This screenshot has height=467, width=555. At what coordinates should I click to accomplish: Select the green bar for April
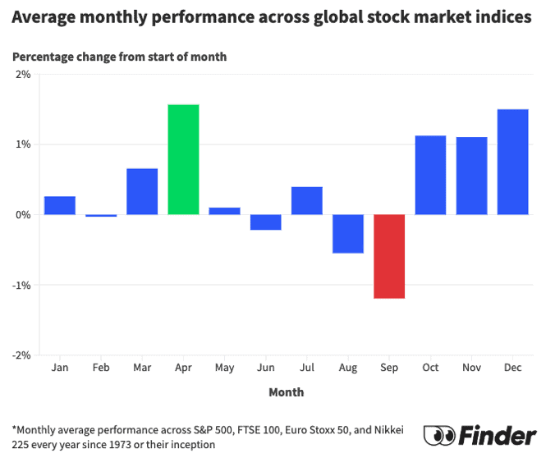coord(183,160)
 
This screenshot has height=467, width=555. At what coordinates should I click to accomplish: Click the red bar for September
coord(389,256)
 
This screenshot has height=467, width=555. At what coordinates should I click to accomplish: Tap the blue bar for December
coord(513,163)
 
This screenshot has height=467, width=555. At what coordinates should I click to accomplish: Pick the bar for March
coord(142,192)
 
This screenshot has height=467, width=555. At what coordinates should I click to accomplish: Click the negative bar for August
coord(348,234)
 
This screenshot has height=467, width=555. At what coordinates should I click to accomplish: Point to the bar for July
coord(307,201)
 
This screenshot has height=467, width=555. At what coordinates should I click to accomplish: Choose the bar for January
coord(60,206)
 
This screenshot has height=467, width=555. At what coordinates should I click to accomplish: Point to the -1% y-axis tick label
coord(21,286)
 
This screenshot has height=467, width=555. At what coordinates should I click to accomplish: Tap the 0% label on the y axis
coord(23,215)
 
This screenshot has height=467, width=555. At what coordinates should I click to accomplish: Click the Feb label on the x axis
coord(101,368)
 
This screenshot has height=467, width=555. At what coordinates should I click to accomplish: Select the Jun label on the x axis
coord(266,368)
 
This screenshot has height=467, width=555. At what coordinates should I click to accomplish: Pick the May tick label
coord(225,368)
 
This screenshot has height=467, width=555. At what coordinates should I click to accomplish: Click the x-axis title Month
coord(287,392)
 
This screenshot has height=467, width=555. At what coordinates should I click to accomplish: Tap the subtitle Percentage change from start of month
coord(119,57)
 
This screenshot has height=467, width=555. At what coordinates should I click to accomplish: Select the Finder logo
coord(480,435)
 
